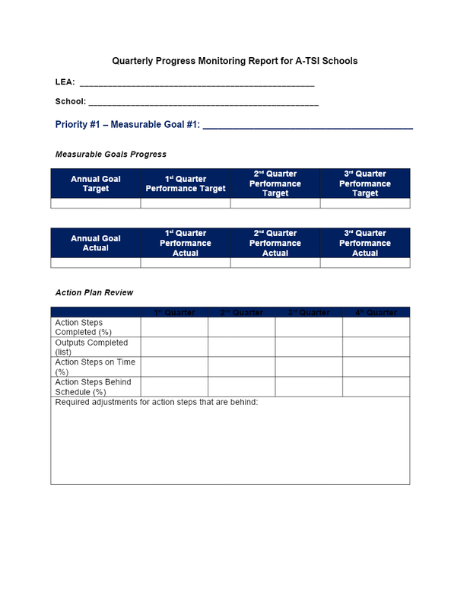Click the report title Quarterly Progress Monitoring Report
(x=234, y=60)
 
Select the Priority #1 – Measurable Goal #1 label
(x=128, y=125)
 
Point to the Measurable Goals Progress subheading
(x=111, y=155)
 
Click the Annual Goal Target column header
(x=96, y=184)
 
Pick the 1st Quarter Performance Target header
(x=186, y=184)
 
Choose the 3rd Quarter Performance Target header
(x=365, y=183)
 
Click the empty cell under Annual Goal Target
(x=96, y=203)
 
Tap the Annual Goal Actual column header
(x=96, y=243)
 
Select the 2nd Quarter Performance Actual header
(x=275, y=243)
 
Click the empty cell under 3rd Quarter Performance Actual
(x=365, y=263)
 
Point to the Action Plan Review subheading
(x=94, y=292)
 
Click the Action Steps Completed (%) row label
(x=84, y=327)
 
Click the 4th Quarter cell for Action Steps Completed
(x=376, y=327)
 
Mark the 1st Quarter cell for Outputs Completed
(x=174, y=347)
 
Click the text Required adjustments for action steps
(x=157, y=402)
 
